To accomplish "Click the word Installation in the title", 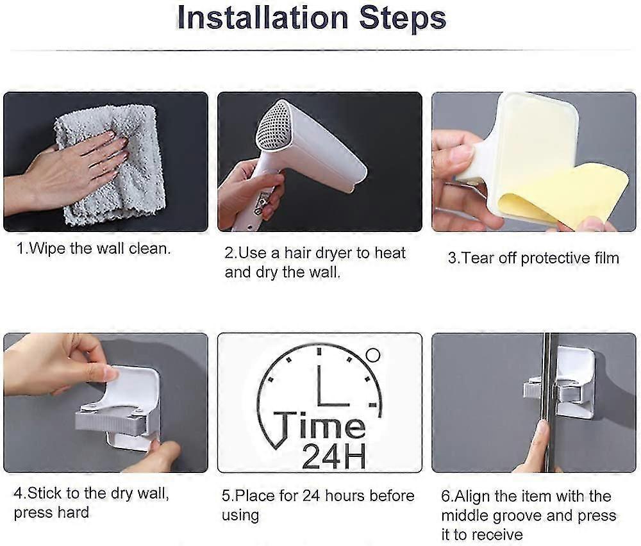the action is [263, 17].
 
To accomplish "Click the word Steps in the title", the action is [403, 19].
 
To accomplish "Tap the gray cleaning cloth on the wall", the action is [111, 163].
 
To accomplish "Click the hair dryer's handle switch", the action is [262, 200].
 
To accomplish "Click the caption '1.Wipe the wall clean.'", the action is [94, 249].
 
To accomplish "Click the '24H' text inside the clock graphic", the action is [333, 456].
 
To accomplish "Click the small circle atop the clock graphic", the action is [373, 355].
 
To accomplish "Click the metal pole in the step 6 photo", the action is [550, 402].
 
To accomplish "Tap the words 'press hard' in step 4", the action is [51, 513].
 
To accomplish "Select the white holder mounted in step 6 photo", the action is [572, 382].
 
